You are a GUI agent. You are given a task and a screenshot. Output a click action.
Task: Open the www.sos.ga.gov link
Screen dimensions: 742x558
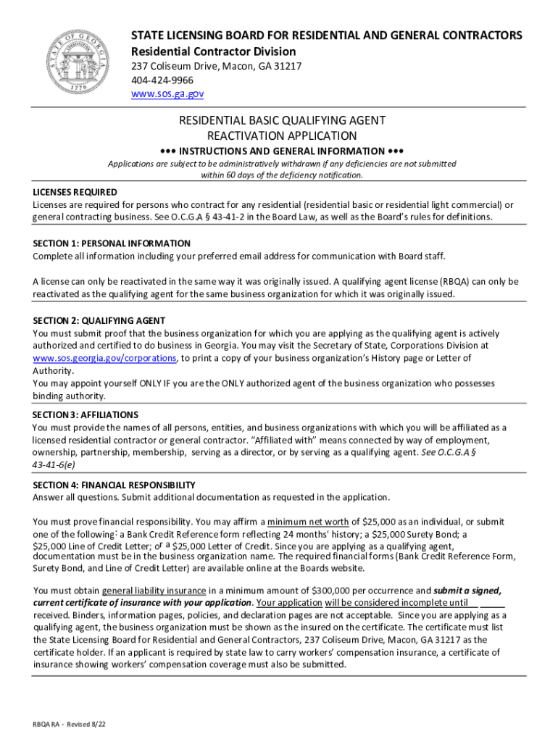click(x=167, y=94)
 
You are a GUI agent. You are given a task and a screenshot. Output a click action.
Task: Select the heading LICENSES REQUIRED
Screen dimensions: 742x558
click(x=75, y=192)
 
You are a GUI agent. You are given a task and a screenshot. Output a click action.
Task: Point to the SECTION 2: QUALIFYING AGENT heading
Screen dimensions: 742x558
click(x=99, y=320)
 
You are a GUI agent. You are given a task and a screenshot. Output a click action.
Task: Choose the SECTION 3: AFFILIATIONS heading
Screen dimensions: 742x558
click(x=86, y=414)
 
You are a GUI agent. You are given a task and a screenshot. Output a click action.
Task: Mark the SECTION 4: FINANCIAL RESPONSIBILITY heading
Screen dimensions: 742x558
click(x=114, y=485)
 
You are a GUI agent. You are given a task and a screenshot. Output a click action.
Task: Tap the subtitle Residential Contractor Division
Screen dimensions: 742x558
click(x=213, y=51)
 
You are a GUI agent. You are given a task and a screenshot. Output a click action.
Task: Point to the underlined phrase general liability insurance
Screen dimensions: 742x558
click(x=154, y=591)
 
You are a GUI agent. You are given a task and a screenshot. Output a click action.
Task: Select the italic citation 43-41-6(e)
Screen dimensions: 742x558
click(x=53, y=464)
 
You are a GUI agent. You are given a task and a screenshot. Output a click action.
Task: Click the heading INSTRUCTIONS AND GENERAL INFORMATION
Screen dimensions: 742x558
click(x=281, y=151)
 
